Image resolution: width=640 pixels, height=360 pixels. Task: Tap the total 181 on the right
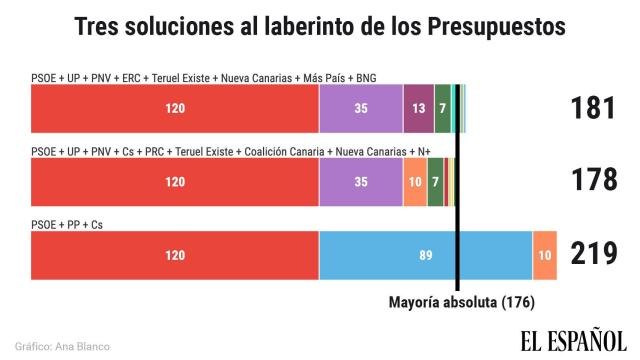[592, 109]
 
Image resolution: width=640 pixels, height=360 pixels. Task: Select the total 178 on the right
[592, 181]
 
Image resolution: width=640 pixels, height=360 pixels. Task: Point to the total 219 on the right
[592, 254]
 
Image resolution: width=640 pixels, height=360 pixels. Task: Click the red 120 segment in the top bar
[175, 109]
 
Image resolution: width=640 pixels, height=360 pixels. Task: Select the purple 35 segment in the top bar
[361, 109]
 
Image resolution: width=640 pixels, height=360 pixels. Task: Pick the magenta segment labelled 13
[419, 109]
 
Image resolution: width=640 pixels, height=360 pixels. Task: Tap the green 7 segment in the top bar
[442, 109]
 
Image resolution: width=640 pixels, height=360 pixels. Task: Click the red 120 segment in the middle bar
[175, 182]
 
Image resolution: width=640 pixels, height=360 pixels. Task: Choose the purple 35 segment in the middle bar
[361, 182]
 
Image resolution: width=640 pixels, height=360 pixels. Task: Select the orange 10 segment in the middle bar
[415, 182]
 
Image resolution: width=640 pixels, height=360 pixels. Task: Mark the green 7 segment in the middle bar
[435, 182]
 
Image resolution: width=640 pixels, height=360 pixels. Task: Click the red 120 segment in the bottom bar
[175, 255]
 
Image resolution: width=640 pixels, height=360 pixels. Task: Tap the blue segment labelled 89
[425, 255]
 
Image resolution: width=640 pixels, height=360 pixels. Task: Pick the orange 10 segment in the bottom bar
[544, 255]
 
